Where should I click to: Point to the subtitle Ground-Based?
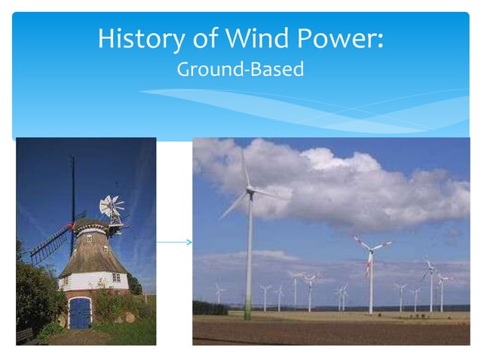click(x=240, y=70)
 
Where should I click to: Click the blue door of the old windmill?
click(x=79, y=313)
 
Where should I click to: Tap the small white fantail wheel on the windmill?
click(x=112, y=207)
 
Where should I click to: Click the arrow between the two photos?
click(x=174, y=242)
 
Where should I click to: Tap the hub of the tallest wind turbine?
click(x=249, y=192)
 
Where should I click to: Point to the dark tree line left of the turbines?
click(x=209, y=307)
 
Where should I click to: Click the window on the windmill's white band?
click(x=115, y=277)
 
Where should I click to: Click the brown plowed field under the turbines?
click(x=332, y=331)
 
